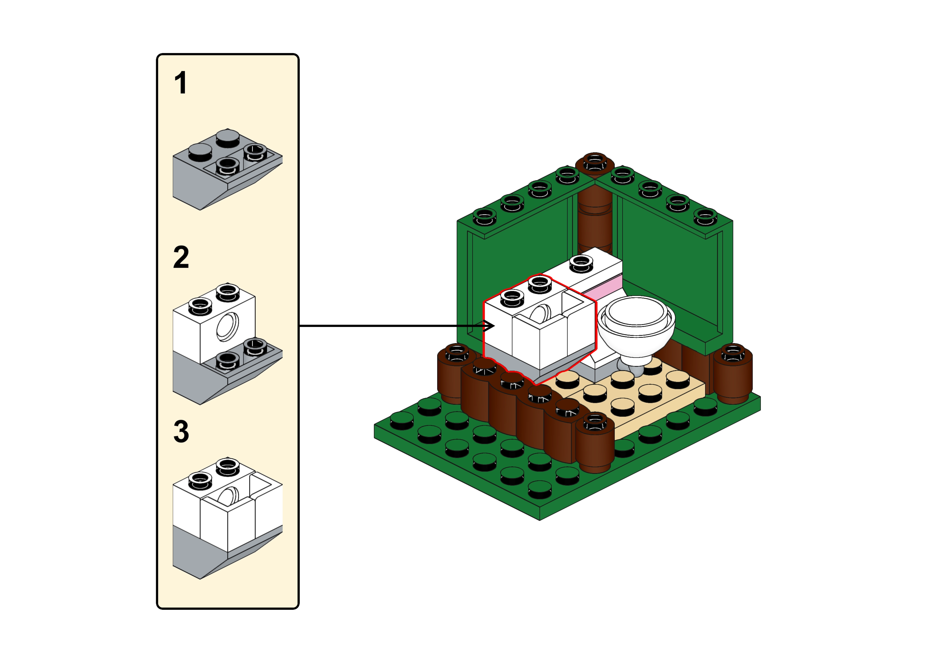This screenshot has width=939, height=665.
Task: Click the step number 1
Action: pos(180,83)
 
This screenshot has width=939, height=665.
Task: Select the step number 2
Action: pos(181,257)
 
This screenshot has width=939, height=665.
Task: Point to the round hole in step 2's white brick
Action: pos(228,326)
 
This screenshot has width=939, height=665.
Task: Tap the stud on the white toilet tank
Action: pos(581,263)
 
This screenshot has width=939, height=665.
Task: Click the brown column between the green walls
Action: pos(595,221)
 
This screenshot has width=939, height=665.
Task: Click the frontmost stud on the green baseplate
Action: pos(540,489)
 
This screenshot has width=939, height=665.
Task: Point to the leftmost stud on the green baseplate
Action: pos(402,421)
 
